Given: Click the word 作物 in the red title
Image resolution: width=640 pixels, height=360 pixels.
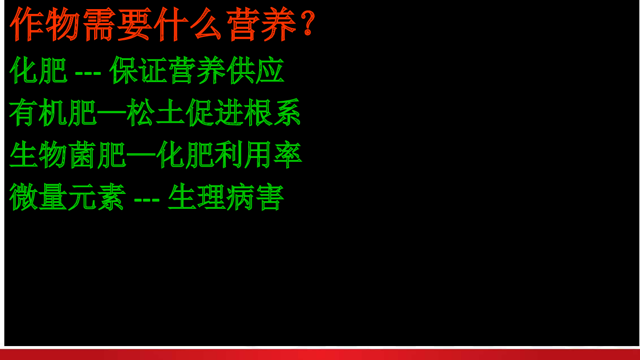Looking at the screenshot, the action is click(x=45, y=24).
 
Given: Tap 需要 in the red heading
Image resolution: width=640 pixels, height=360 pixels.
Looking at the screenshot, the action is click(x=117, y=24).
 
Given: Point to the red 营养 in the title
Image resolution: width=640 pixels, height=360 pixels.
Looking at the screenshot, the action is click(x=262, y=24).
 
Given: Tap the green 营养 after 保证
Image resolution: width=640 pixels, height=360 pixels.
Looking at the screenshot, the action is click(x=197, y=70).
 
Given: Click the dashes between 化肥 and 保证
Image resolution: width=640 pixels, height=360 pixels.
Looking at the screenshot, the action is click(x=88, y=73).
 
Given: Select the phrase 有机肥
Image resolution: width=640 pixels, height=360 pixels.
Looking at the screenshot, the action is click(x=53, y=112).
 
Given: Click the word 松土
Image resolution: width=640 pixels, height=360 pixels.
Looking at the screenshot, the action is click(x=156, y=112).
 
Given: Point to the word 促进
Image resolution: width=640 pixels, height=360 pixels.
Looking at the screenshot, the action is click(x=214, y=112).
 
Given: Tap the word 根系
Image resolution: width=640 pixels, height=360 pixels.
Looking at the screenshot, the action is click(x=272, y=112).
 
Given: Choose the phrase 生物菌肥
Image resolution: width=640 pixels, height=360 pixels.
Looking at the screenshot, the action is click(x=68, y=154).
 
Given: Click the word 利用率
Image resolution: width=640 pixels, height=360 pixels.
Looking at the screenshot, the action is click(x=258, y=154).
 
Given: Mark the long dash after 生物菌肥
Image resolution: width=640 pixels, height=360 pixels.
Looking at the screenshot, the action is click(x=141, y=155).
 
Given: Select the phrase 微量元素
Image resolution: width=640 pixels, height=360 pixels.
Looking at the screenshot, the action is click(x=67, y=197).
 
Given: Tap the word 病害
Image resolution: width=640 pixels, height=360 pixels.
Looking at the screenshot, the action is click(x=255, y=197).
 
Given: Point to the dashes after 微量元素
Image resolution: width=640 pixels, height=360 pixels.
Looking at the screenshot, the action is click(x=147, y=200).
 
